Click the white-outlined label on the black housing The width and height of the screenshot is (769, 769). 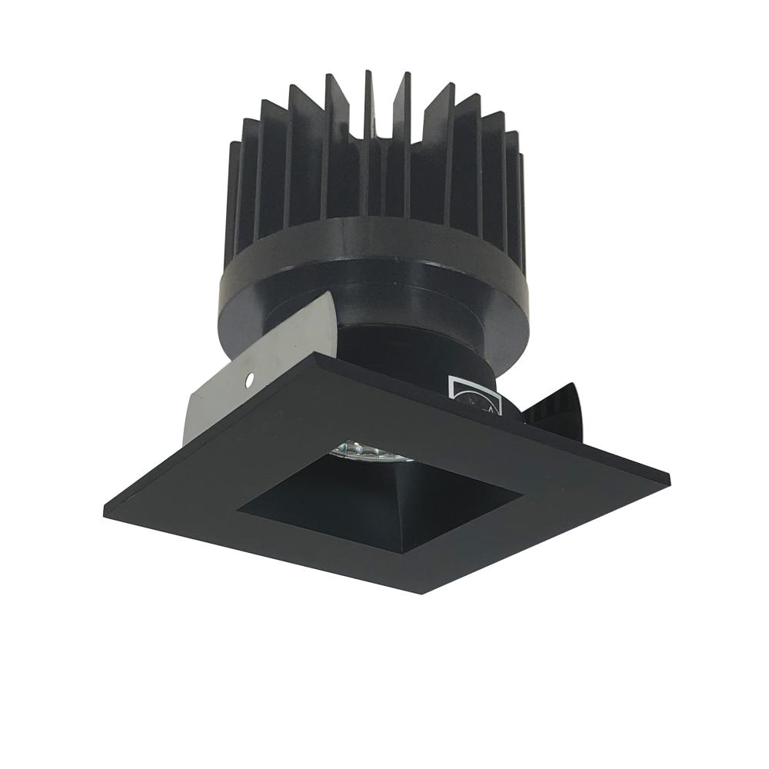click(474, 394)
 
